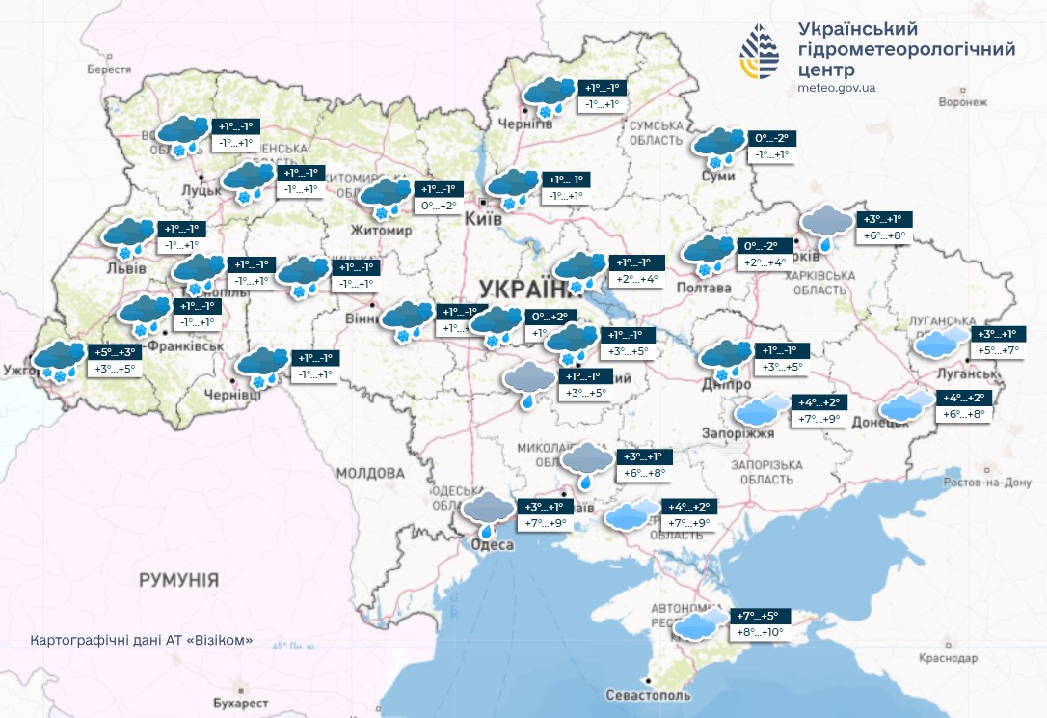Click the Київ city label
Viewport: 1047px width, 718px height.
pyautogui.click(x=483, y=221)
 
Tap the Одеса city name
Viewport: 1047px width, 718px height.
pyautogui.click(x=491, y=546)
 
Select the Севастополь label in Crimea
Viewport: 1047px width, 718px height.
pyautogui.click(x=648, y=695)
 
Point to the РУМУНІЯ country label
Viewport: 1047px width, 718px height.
pyautogui.click(x=178, y=580)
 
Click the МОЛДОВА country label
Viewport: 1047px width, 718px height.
pyautogui.click(x=371, y=473)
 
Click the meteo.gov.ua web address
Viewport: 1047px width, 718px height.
pyautogui.click(x=837, y=88)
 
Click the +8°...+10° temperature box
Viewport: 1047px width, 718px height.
pyautogui.click(x=761, y=633)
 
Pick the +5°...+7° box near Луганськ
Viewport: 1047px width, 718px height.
pyautogui.click(x=996, y=350)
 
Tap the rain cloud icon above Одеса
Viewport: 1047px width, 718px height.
pyautogui.click(x=489, y=512)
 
